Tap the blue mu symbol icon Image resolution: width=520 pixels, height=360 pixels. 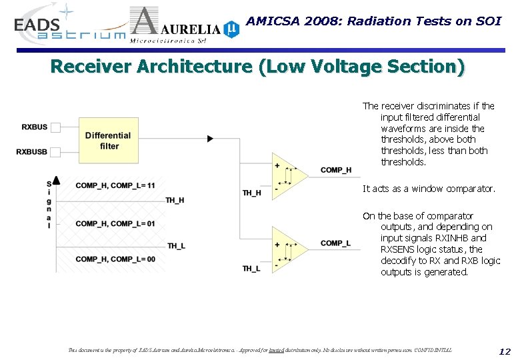(231, 29)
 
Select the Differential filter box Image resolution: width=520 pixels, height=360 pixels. (108, 141)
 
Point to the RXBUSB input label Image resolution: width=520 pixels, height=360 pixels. (32, 151)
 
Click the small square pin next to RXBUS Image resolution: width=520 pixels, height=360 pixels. (55, 127)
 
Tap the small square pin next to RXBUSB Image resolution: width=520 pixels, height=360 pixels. (55, 151)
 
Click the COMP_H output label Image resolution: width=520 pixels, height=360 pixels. (335, 170)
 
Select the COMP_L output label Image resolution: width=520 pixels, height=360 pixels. (335, 243)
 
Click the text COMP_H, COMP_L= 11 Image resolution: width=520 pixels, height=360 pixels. (115, 185)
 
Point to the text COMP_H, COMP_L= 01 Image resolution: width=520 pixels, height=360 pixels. (115, 223)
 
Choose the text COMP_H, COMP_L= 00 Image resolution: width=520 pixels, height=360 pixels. (115, 259)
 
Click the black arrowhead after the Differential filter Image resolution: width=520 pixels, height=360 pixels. (210, 139)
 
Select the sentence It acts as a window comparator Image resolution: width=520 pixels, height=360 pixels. (429, 189)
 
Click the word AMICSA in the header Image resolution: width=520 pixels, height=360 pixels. (271, 21)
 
